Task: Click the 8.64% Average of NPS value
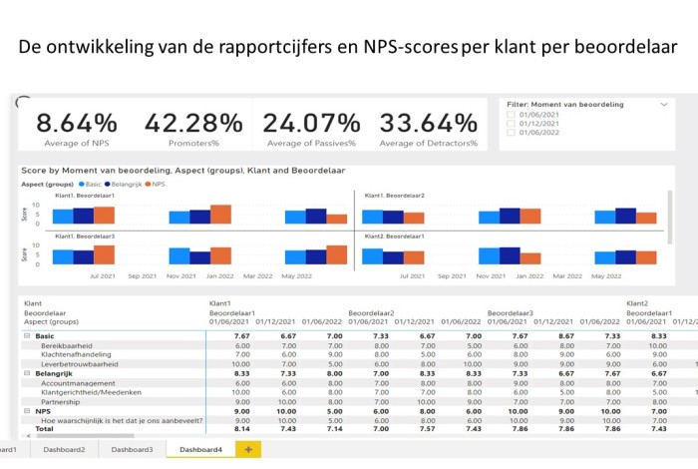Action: tap(76, 123)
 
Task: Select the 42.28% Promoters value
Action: tap(192, 123)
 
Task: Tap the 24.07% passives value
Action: tap(309, 123)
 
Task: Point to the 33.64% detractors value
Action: tap(429, 123)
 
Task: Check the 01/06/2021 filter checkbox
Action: tap(511, 116)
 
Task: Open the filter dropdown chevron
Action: tap(664, 104)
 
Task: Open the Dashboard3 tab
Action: tap(132, 450)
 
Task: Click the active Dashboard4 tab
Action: tap(200, 450)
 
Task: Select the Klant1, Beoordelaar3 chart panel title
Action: tap(85, 235)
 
